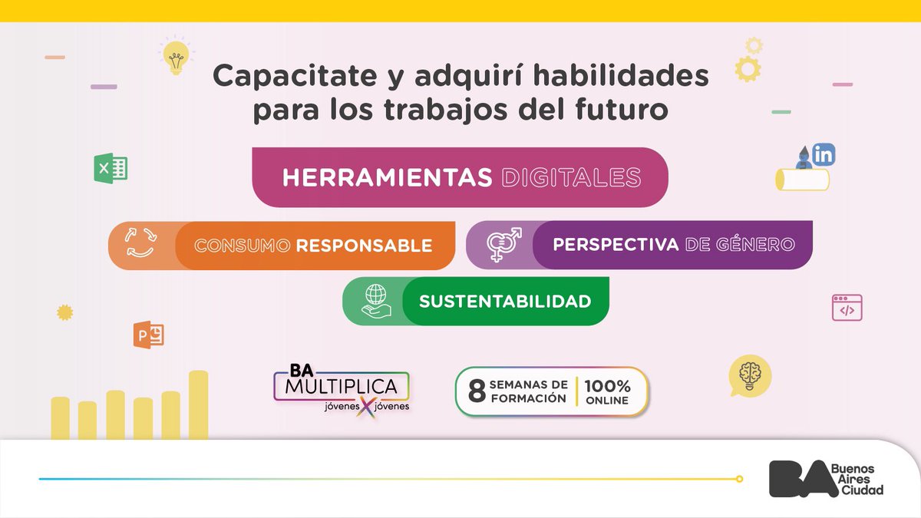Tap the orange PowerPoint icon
148,335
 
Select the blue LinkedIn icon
824,155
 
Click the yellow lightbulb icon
175,58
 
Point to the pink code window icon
847,308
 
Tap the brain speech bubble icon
749,375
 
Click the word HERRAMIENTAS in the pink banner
387,178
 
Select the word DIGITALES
570,178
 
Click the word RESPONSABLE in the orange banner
364,246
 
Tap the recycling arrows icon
142,246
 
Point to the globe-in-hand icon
377,300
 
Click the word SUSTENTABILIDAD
505,301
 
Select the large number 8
477,391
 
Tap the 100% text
607,385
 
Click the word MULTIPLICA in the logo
341,385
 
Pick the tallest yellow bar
199,404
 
